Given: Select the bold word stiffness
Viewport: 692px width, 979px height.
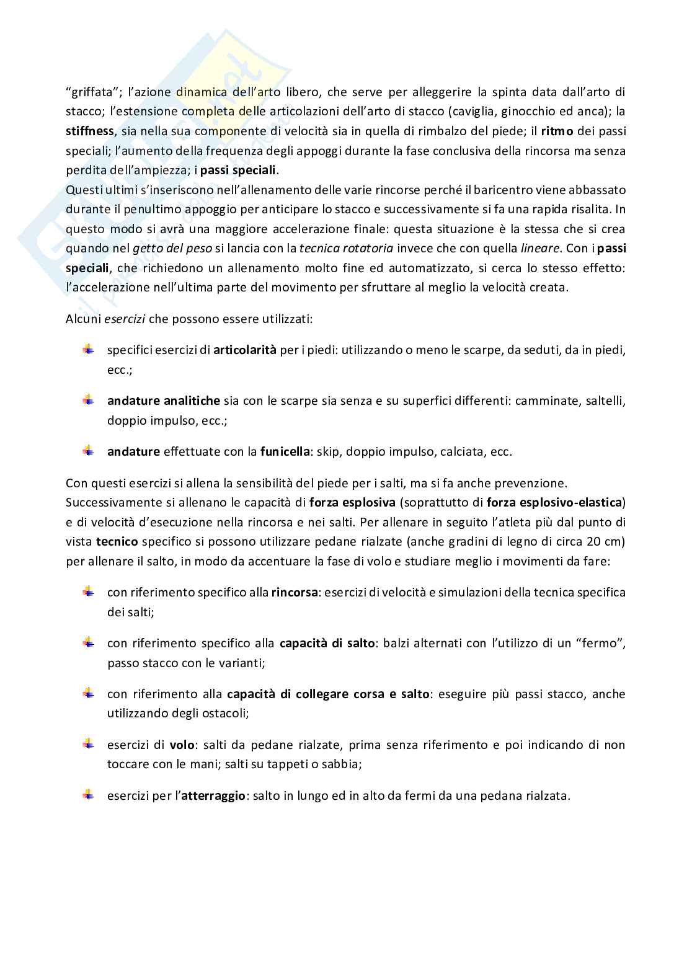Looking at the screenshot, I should point(89,131).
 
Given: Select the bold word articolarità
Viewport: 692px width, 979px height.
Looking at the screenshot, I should point(245,350).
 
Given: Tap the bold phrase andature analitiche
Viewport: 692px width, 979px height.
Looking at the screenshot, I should point(164,401).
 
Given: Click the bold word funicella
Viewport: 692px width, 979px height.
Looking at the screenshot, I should point(285,451).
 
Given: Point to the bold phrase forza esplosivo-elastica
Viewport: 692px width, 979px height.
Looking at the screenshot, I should point(555,502).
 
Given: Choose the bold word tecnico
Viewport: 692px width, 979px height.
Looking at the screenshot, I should point(117,541).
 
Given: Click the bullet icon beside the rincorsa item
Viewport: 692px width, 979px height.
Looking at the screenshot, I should point(88,591).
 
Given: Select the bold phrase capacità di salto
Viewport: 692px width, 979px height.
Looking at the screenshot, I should point(327,643).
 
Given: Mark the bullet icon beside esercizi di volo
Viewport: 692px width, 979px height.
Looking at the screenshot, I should point(88,743).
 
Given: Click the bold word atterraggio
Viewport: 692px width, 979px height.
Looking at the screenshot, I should point(213,795).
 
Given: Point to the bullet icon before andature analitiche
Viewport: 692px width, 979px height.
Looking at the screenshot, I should point(88,400).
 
